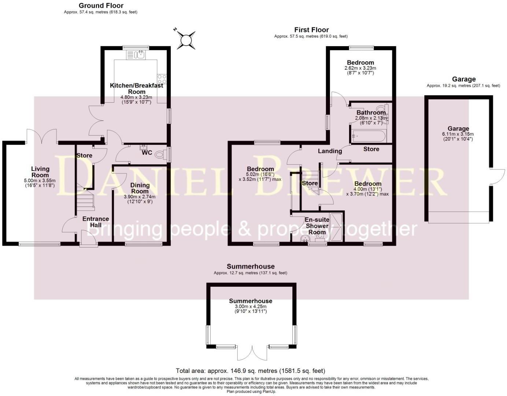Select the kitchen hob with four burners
162,79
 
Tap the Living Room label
40,172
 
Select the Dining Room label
140,188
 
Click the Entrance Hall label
96,222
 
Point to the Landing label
327,151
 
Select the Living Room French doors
41,136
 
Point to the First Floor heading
311,30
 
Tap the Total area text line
251,371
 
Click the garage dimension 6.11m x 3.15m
458,134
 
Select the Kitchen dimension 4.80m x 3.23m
136,98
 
